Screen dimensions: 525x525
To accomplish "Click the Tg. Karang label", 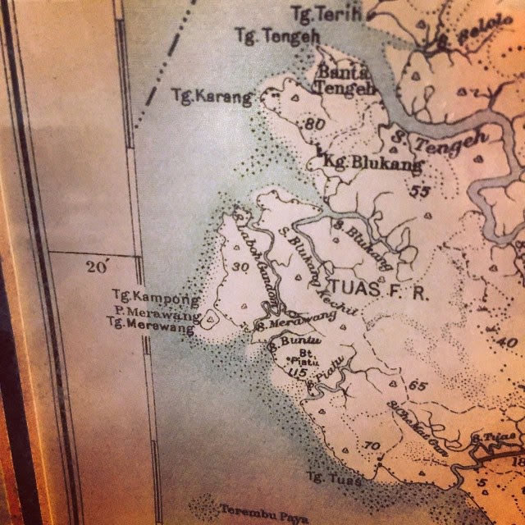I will click(x=211, y=97).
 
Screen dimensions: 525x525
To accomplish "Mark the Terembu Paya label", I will click(x=253, y=510).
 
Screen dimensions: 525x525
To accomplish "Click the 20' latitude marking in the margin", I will click(x=97, y=267).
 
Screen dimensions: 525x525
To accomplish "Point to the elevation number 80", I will click(x=313, y=125).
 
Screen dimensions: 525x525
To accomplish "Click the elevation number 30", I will click(x=240, y=267).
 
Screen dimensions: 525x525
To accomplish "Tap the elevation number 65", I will click(x=418, y=386).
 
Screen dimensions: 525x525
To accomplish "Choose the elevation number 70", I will click(x=371, y=445).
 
